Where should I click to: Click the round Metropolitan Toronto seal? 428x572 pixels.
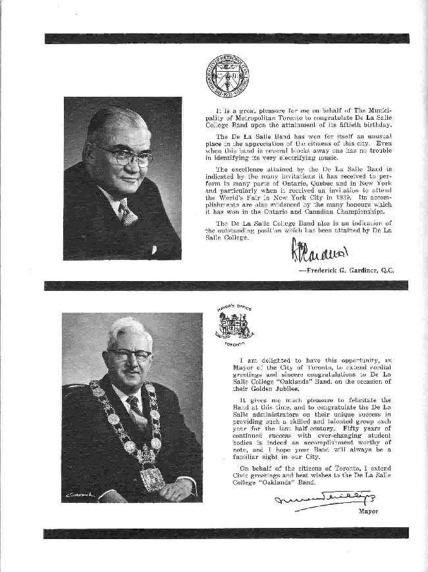coord(227,76)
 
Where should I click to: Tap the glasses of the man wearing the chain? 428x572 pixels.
coord(129,355)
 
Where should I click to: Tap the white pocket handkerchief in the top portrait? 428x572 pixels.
coord(154,249)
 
